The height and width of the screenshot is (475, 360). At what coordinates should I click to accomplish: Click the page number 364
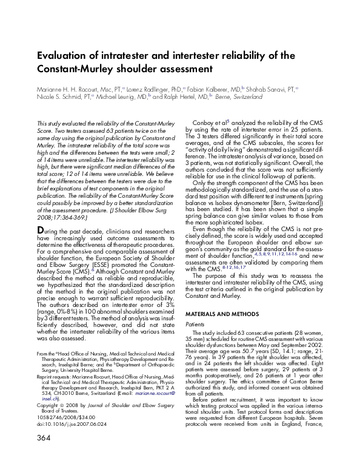44,454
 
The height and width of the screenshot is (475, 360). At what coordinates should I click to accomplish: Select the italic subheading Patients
195,325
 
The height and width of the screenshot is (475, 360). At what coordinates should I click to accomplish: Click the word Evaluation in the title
65,55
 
